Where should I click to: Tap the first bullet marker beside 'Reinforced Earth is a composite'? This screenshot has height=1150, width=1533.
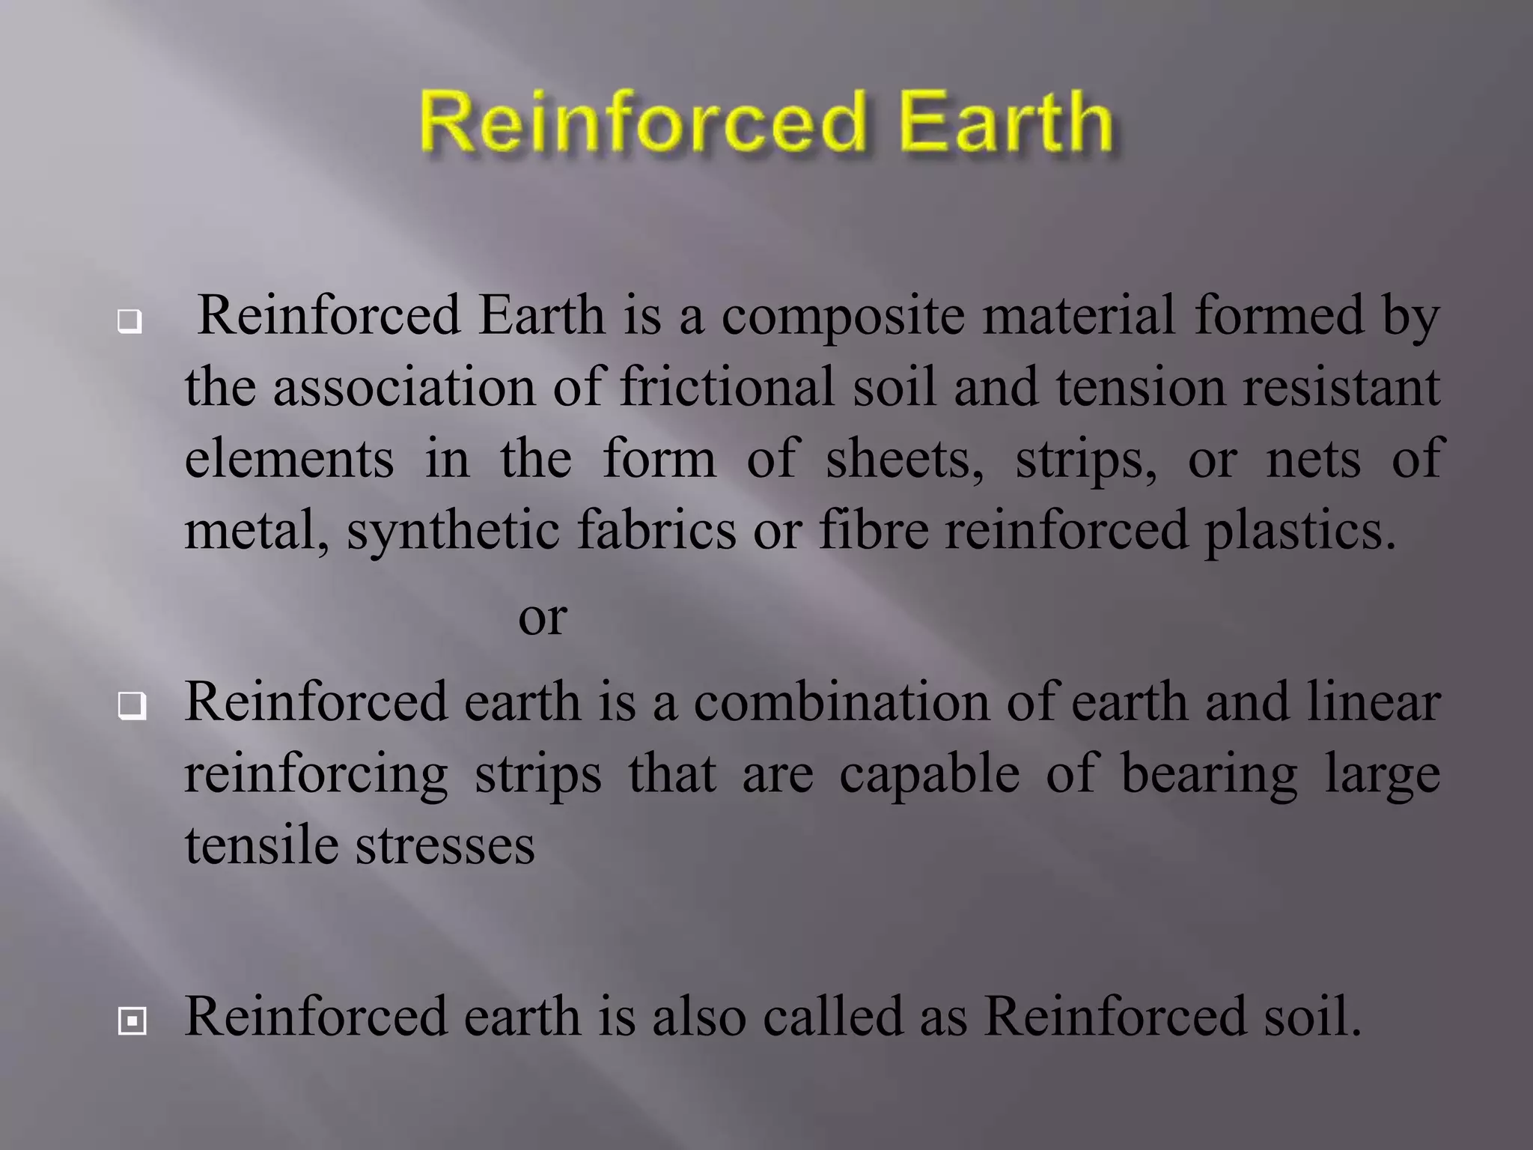pos(129,322)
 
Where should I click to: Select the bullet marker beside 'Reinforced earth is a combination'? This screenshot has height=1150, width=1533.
pos(132,705)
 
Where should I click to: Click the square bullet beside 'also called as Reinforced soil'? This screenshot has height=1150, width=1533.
pos(132,1020)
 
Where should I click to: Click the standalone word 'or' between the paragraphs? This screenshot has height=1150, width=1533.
pos(542,618)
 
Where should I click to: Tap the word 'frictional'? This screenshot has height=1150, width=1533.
pos(726,387)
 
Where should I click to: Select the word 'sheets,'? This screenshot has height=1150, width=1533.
pos(904,458)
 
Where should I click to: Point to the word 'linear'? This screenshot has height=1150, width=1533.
pos(1374,702)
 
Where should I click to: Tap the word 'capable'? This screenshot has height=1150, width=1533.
pos(929,773)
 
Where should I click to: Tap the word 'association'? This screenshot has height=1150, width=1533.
pos(404,387)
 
